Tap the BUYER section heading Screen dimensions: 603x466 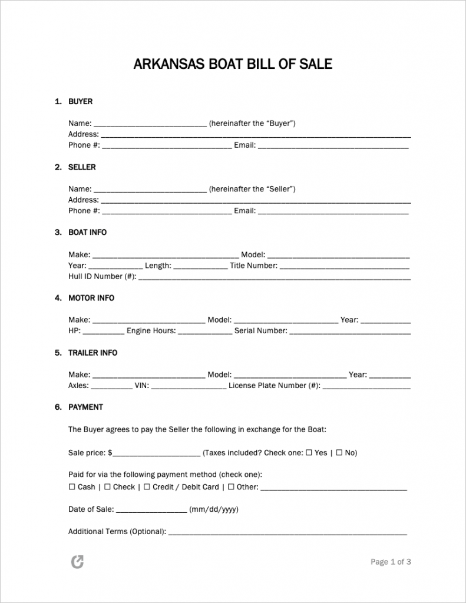click(x=80, y=102)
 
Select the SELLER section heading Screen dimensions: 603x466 click(x=82, y=167)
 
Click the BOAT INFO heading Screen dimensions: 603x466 click(x=87, y=233)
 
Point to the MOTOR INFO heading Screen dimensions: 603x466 click(x=91, y=298)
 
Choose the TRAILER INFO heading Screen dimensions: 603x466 click(x=92, y=353)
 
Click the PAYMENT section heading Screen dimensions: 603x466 click(x=85, y=407)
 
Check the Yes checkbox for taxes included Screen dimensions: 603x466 click(x=309, y=453)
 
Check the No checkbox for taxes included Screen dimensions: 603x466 click(x=339, y=453)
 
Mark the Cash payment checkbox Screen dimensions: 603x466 click(x=72, y=487)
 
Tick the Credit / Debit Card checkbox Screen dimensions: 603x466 click(x=147, y=487)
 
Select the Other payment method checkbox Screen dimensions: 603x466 click(x=231, y=487)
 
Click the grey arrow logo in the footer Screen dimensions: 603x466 click(x=77, y=562)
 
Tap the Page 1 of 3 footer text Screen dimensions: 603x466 click(x=391, y=562)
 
